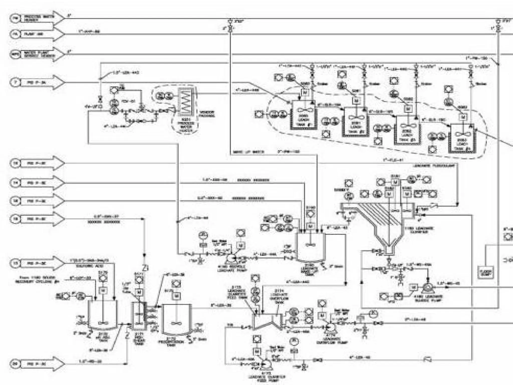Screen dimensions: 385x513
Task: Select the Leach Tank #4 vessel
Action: click(461, 139)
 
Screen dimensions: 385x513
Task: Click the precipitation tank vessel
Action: click(176, 320)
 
